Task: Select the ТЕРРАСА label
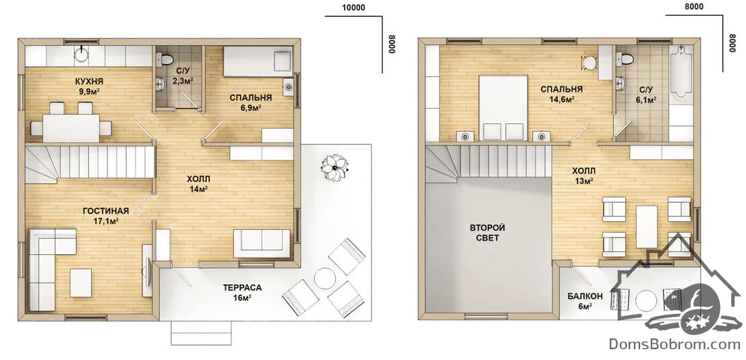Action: coord(242,288)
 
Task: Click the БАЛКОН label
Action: coord(585,296)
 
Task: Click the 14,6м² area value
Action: coord(561,99)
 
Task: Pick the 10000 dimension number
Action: coord(353,7)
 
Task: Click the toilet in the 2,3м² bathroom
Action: coord(164,59)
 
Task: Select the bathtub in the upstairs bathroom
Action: coord(681,72)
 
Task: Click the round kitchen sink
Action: coord(82,55)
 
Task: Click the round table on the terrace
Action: coord(325,278)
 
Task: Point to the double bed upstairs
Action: coord(503,108)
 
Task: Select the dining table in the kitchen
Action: coord(71,128)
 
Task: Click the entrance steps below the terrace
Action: coord(201,332)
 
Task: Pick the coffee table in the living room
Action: coord(81,283)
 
